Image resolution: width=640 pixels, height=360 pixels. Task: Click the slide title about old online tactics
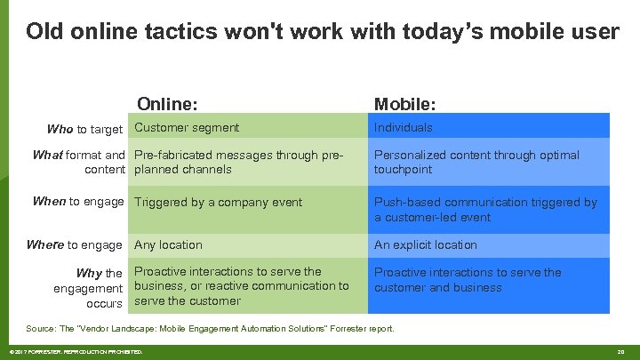[x=322, y=32]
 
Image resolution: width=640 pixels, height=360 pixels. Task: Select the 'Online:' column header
[x=167, y=104]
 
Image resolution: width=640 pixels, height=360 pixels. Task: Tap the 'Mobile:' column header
[x=404, y=104]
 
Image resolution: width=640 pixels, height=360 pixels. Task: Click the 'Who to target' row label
[x=84, y=129]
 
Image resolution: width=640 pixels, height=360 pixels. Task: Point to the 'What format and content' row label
[x=78, y=162]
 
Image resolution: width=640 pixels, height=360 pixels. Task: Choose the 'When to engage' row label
[x=78, y=202]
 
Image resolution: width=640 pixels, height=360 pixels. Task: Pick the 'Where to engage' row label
[x=75, y=244]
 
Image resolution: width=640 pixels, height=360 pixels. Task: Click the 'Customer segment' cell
[x=187, y=128]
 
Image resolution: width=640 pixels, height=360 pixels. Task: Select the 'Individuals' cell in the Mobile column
[x=403, y=128]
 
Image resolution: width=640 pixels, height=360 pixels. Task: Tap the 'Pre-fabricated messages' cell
[x=238, y=162]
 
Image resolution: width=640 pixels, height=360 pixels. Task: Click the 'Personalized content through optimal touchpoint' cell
[x=476, y=162]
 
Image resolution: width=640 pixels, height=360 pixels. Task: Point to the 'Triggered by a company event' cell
[x=218, y=202]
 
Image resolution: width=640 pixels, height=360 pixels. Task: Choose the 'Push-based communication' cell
[x=484, y=209]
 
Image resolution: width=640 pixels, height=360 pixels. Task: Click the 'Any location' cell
[x=168, y=244]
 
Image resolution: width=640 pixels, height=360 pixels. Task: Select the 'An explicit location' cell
[x=425, y=244]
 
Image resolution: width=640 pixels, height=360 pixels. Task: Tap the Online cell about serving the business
[x=241, y=286]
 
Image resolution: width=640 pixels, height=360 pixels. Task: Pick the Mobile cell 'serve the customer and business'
[x=467, y=280]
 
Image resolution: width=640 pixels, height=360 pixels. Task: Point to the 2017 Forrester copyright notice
[x=75, y=352]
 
